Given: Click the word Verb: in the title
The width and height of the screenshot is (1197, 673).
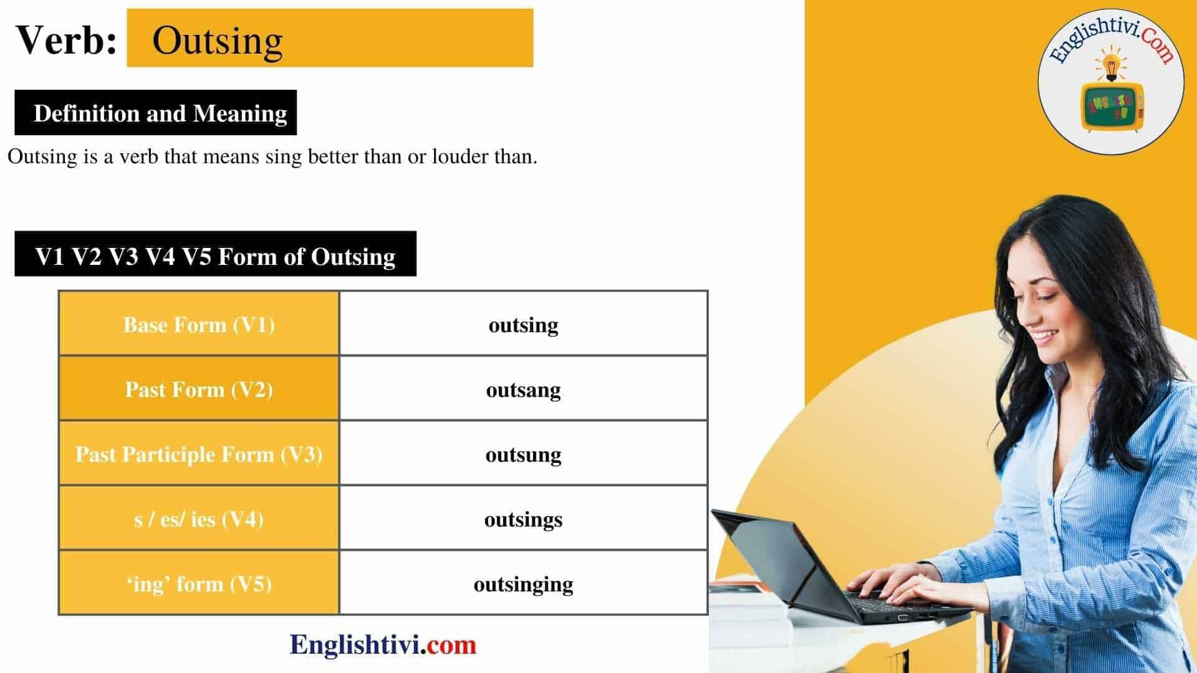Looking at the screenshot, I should click(66, 41).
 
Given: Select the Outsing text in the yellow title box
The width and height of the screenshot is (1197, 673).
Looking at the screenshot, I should click(217, 42).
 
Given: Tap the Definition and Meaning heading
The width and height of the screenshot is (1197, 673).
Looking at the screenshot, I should click(160, 113).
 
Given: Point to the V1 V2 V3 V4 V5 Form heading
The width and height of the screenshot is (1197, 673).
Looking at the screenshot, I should click(215, 256).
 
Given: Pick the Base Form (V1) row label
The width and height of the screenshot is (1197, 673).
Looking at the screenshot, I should click(199, 325).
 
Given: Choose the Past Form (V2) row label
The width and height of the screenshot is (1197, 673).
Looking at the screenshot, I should click(199, 389).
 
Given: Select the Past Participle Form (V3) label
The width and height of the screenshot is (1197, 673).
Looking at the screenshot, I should click(199, 454).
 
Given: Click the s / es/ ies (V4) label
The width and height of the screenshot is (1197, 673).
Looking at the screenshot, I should click(199, 519).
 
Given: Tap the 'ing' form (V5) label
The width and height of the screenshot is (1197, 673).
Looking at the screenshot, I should click(199, 584).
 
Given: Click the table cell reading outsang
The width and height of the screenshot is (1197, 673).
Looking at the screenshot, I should click(523, 390).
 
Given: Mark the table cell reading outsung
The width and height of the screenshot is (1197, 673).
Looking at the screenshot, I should click(523, 455).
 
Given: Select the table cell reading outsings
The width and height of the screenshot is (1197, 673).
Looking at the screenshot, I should click(523, 520).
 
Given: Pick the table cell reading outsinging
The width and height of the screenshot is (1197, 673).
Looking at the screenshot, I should click(523, 585).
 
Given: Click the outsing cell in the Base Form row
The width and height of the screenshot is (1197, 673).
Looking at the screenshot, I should click(523, 325).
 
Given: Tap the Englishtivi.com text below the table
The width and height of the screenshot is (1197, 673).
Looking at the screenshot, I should click(383, 644).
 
